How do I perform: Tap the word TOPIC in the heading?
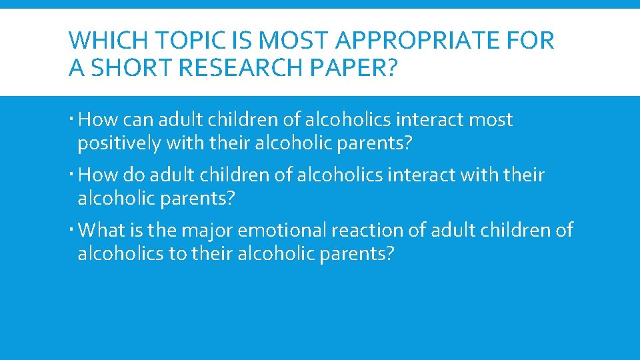[x=180, y=41]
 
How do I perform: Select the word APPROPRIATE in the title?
[x=421, y=41]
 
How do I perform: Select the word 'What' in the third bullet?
[x=101, y=231]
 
